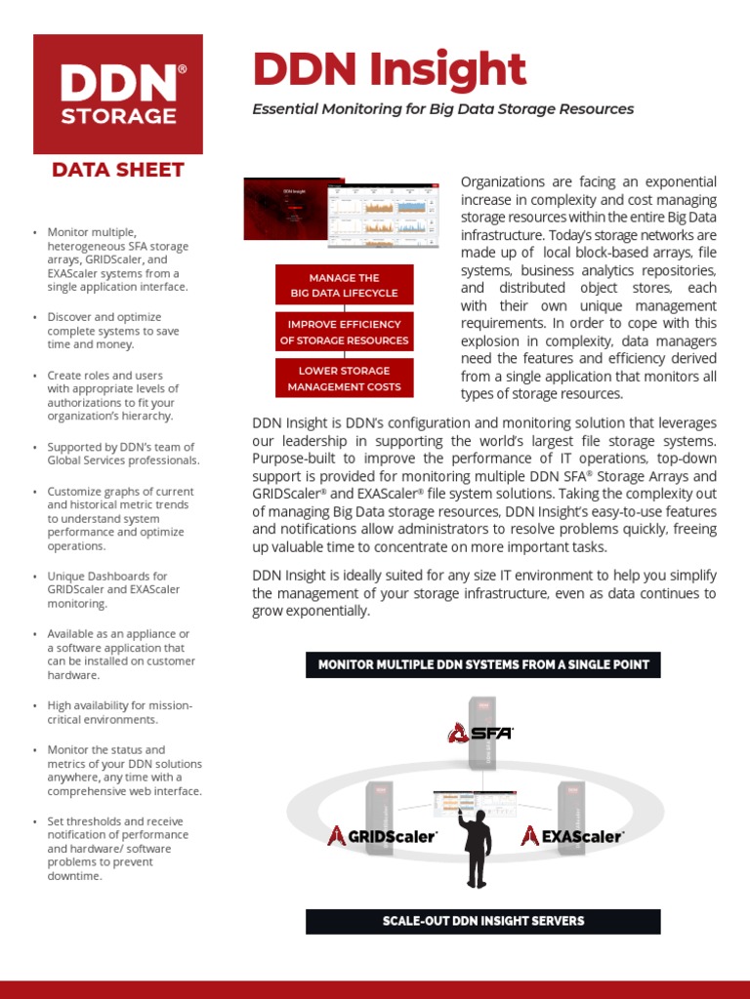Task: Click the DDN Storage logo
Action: point(118,95)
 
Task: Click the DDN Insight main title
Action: point(390,70)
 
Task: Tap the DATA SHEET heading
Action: point(118,170)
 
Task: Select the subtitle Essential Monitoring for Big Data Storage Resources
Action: point(442,109)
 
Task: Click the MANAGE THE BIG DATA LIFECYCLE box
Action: point(344,285)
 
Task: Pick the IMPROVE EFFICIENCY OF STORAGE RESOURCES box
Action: point(344,332)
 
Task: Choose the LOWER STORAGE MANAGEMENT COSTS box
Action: point(344,379)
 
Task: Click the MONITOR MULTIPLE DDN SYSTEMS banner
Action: point(483,665)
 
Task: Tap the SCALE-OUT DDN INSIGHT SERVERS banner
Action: point(483,921)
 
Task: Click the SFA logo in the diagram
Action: point(480,733)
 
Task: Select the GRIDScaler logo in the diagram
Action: point(382,836)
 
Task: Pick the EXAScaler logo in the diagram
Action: point(572,836)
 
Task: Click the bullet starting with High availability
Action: point(119,712)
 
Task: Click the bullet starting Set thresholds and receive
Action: point(117,848)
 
